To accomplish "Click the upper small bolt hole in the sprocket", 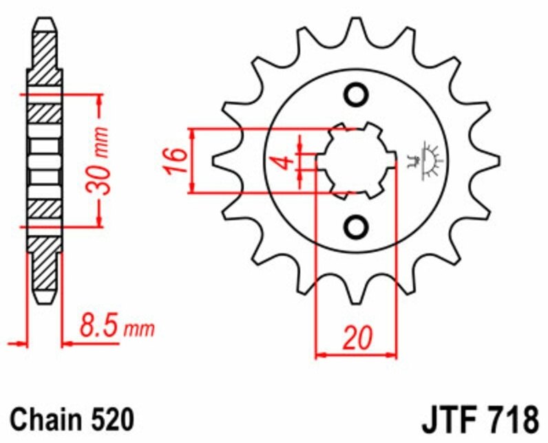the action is point(356,94).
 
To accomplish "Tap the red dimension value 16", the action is point(176,160).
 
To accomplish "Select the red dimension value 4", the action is point(286,162).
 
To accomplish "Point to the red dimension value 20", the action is point(357,338).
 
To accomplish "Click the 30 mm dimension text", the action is point(98,160).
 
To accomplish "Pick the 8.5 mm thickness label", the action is point(117,326).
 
